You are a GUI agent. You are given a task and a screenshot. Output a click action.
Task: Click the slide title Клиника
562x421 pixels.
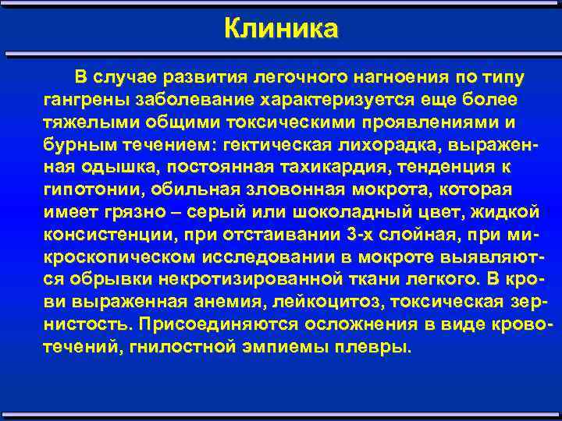point(281,29)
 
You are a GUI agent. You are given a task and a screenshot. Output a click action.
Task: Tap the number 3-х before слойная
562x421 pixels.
point(331,234)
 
